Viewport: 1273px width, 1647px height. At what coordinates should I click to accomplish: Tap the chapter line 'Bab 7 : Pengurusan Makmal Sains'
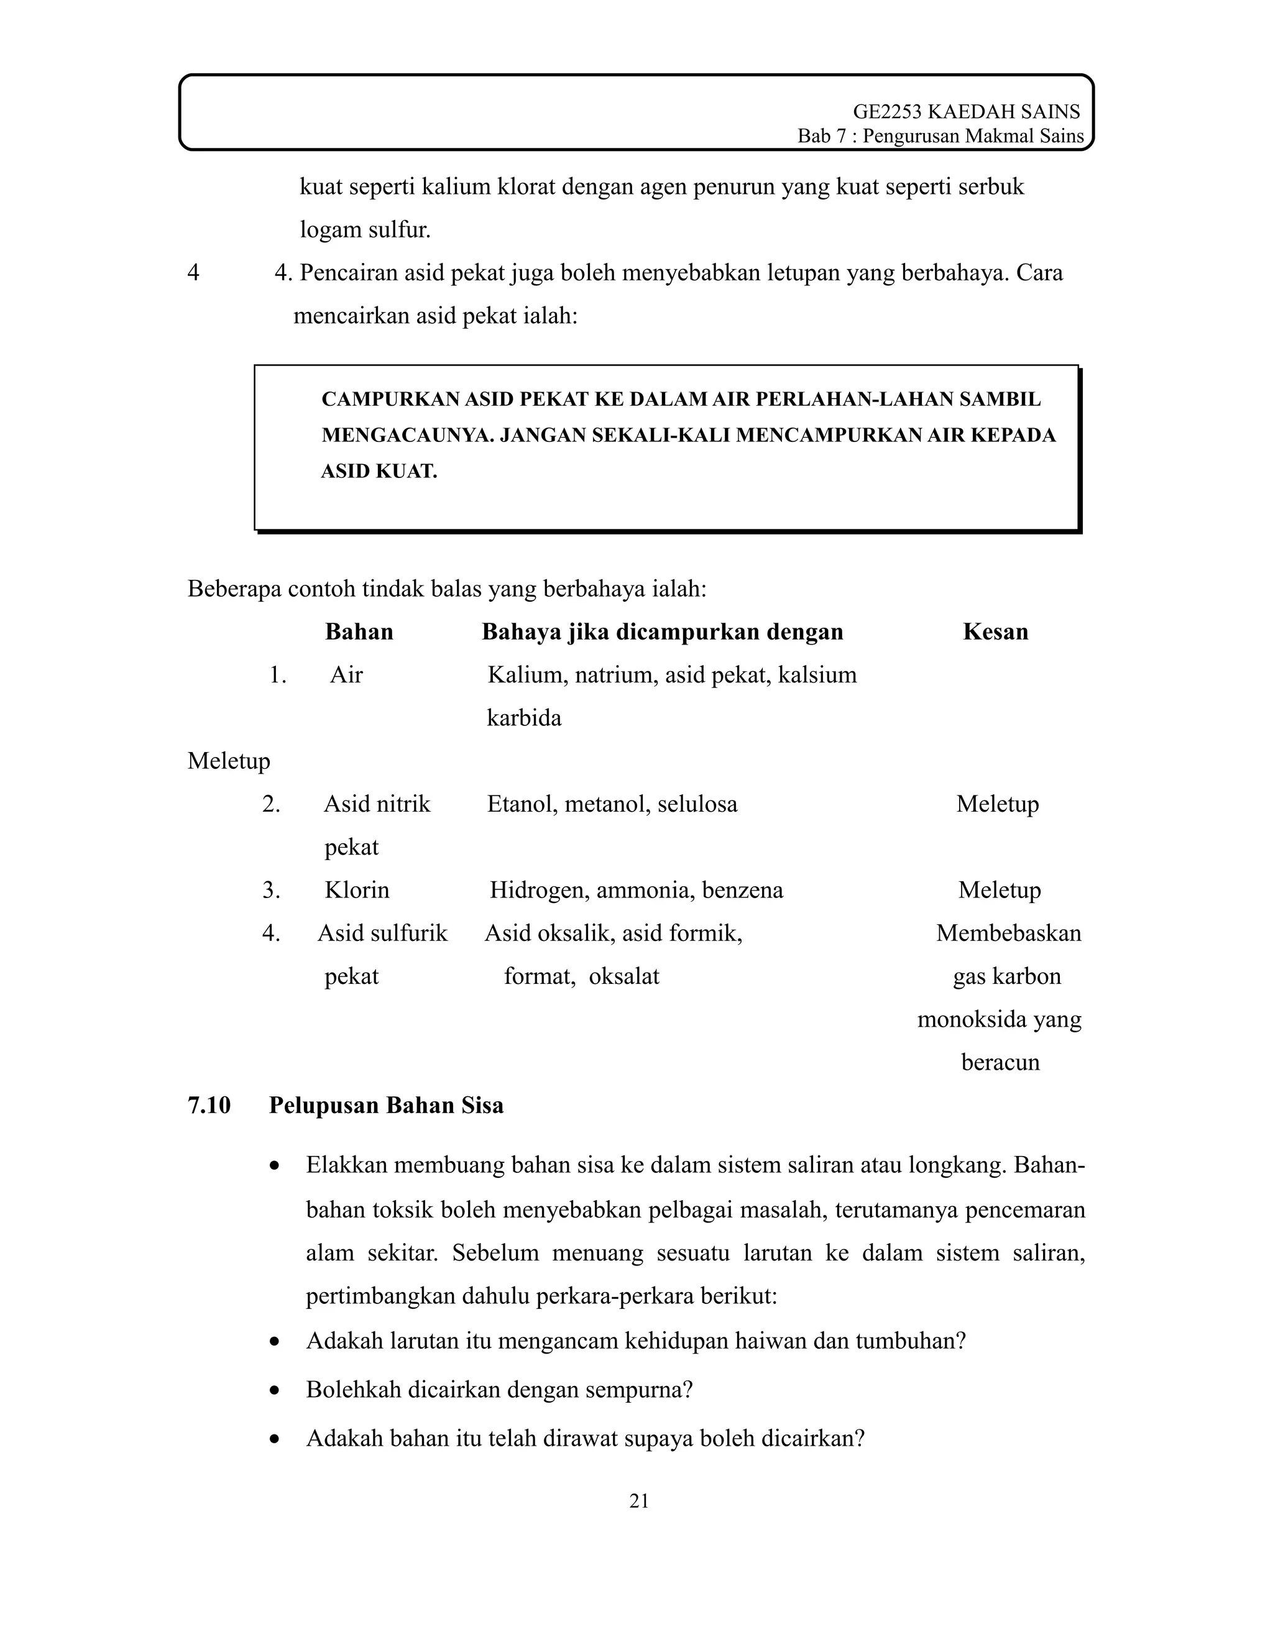pos(940,137)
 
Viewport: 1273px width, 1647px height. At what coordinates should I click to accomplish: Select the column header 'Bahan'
pos(359,631)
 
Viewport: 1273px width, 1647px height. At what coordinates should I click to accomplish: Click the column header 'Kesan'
pos(996,631)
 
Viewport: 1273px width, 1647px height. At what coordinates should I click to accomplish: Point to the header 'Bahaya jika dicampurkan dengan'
pos(662,631)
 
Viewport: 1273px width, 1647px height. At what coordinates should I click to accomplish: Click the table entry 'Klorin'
pos(357,890)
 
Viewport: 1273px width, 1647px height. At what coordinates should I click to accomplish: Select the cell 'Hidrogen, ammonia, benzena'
pos(636,890)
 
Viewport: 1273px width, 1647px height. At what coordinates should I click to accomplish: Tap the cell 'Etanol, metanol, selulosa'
pos(612,804)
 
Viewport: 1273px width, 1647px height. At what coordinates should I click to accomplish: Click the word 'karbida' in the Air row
pos(524,717)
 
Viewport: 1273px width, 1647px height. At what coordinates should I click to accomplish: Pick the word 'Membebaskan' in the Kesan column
pos(1008,933)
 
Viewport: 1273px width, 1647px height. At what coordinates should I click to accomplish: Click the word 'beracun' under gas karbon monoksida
pos(1000,1062)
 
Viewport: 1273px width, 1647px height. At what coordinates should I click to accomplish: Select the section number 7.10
pos(209,1105)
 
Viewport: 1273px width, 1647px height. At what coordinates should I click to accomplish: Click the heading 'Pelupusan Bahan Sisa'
pos(386,1105)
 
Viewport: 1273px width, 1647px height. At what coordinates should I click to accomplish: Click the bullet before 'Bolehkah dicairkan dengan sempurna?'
pos(275,1390)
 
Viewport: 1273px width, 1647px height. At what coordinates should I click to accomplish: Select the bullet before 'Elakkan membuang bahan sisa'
pos(275,1166)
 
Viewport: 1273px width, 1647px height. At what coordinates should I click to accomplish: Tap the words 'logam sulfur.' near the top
pos(365,229)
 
